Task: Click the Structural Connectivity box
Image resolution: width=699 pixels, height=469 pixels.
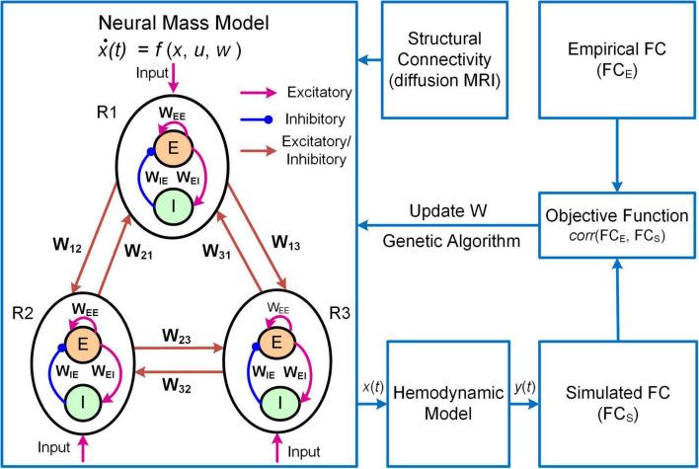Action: pos(449,55)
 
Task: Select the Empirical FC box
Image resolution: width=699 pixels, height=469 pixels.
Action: pos(618,55)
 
